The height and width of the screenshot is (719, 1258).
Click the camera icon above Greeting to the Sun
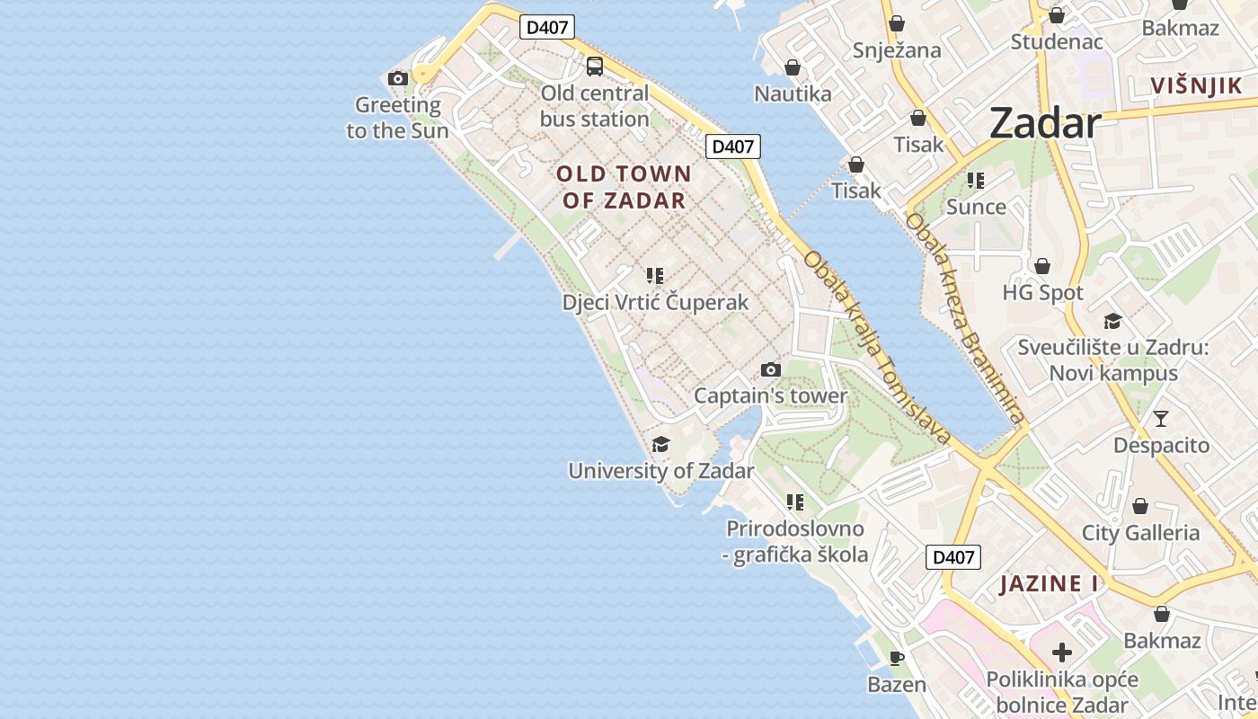(398, 79)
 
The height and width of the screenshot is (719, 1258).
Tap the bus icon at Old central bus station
(594, 66)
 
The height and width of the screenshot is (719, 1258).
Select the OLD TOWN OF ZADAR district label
(625, 187)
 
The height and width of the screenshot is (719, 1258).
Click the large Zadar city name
(1045, 123)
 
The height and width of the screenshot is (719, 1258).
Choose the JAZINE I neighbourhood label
(1049, 583)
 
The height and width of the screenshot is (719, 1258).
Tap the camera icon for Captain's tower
(770, 369)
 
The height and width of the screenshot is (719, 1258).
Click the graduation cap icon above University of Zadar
(660, 444)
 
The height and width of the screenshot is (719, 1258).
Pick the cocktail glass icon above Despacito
(1161, 419)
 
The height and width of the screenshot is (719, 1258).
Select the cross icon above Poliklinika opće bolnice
(1061, 652)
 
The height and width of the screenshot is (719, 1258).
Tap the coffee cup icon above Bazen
(896, 659)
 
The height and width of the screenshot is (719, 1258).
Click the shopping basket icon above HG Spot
(1042, 266)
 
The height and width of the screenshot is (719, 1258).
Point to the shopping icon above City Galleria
(1139, 506)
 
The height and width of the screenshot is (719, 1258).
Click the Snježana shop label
(897, 50)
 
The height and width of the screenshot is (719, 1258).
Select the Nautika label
(793, 93)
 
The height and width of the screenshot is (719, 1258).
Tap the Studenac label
(1056, 41)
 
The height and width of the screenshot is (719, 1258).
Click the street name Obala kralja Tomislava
(876, 347)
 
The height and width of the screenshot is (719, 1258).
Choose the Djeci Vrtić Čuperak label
(655, 302)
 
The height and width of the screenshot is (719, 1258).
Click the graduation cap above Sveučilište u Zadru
(1112, 321)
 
